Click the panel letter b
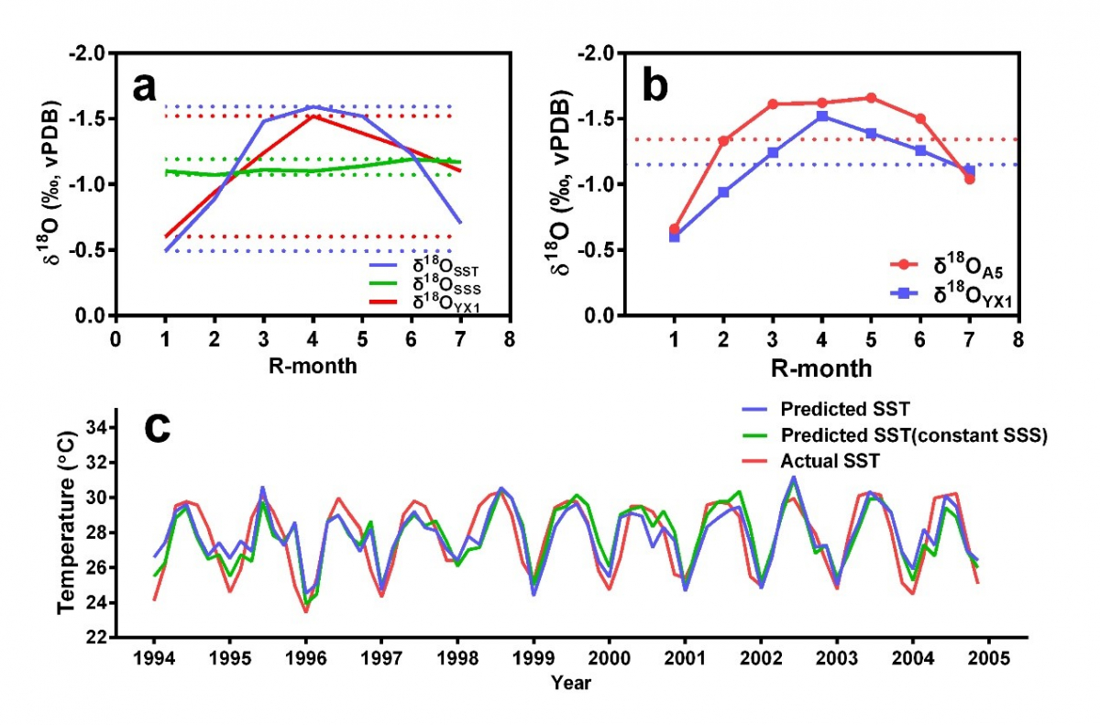pos(655,86)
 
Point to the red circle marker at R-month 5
pos(871,98)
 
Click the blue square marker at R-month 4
pos(822,116)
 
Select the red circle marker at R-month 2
pos(723,141)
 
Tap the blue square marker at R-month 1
pos(675,236)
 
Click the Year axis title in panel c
pos(571,683)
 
